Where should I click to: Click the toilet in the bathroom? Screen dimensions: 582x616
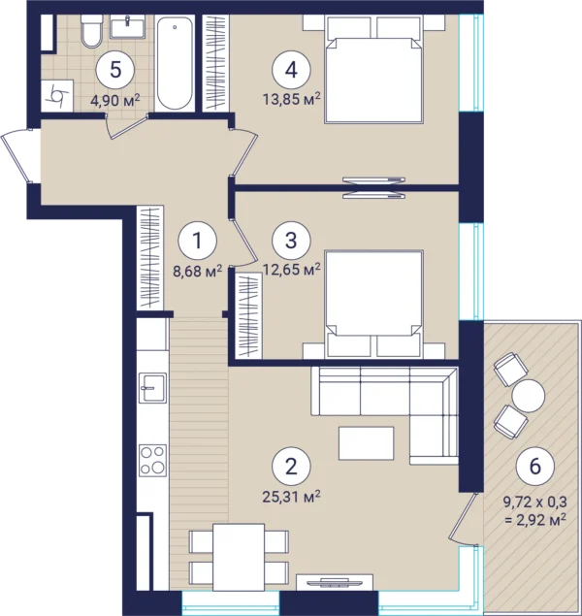click(x=92, y=31)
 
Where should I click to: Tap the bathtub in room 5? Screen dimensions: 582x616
click(x=175, y=63)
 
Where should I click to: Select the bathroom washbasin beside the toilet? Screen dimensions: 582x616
click(x=127, y=27)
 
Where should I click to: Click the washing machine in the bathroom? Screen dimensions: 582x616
click(x=57, y=96)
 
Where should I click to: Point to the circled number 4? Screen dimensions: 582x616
click(x=291, y=70)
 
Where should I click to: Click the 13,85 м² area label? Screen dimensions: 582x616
click(x=291, y=99)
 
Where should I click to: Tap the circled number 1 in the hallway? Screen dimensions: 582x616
click(x=197, y=241)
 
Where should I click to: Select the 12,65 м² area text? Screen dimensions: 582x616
click(x=291, y=270)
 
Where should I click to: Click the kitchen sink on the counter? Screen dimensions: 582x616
click(x=152, y=388)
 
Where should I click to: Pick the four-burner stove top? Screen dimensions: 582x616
click(x=152, y=461)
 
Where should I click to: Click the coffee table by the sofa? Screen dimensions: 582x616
click(x=366, y=443)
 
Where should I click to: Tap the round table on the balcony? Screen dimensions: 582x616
click(x=529, y=396)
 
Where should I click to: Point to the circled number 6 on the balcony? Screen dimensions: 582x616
click(x=534, y=466)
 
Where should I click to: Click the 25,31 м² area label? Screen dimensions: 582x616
click(x=291, y=497)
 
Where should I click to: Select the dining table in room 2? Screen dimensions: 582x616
click(x=239, y=558)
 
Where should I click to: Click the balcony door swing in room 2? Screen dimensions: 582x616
click(x=465, y=519)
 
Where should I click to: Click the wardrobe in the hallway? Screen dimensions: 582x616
click(x=150, y=258)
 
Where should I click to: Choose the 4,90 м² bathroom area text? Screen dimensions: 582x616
click(x=115, y=101)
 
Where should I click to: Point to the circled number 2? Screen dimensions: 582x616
click(x=291, y=467)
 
